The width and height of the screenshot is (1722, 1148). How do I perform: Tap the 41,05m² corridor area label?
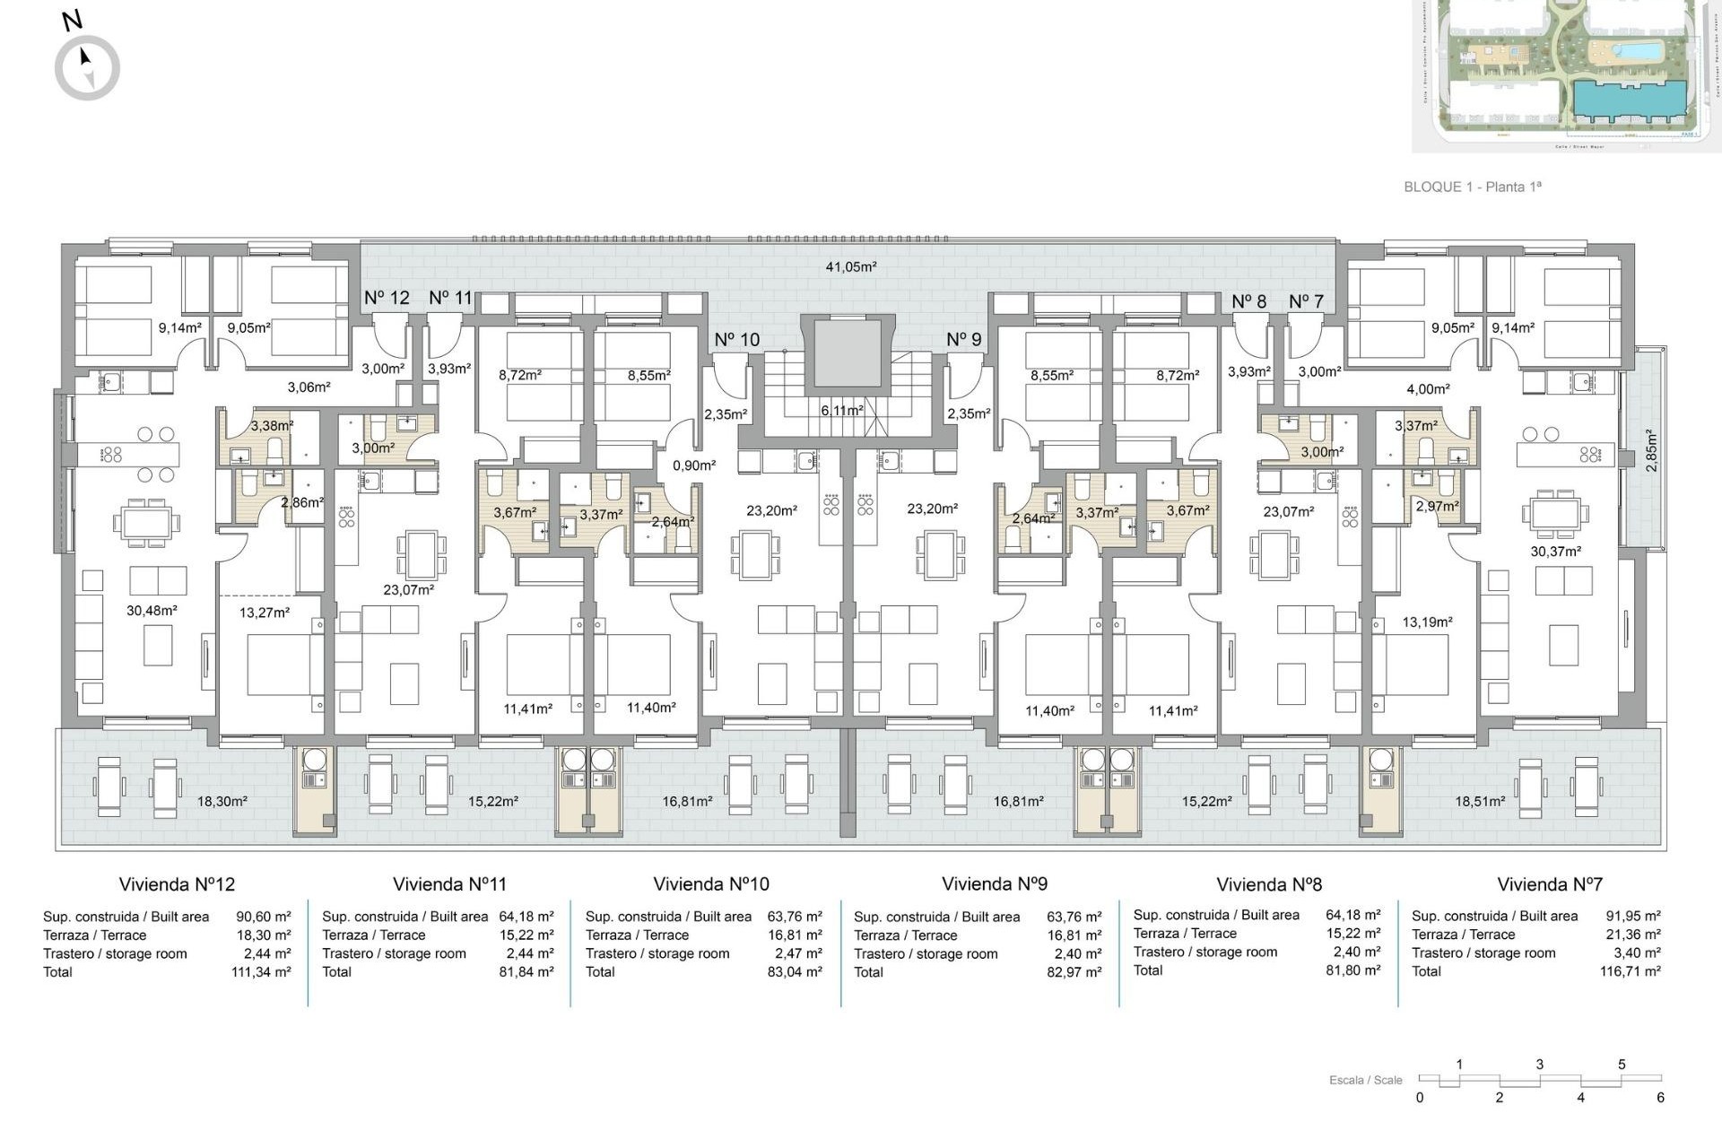850,266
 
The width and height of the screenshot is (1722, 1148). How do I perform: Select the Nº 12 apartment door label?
387,298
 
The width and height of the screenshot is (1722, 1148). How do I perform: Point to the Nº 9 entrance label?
963,340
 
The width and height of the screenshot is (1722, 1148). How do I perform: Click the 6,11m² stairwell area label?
841,410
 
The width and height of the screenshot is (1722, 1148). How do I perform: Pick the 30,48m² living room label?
151,611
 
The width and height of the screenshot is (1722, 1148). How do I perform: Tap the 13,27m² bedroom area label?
264,613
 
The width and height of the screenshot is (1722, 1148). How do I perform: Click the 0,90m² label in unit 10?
694,465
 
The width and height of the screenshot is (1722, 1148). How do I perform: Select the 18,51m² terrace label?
1479,802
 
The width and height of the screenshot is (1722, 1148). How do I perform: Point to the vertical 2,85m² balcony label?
1651,451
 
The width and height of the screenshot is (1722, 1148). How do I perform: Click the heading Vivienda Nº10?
710,884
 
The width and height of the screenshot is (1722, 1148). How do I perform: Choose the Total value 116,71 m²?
1630,971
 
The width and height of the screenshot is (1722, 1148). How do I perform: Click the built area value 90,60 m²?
263,917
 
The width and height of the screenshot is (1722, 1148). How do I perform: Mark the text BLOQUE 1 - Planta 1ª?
1472,187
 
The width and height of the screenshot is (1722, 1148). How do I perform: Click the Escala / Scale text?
1365,1080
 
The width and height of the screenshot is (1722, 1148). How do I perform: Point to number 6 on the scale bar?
1660,1098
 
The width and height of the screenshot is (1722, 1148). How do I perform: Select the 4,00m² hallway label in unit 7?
1428,389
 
